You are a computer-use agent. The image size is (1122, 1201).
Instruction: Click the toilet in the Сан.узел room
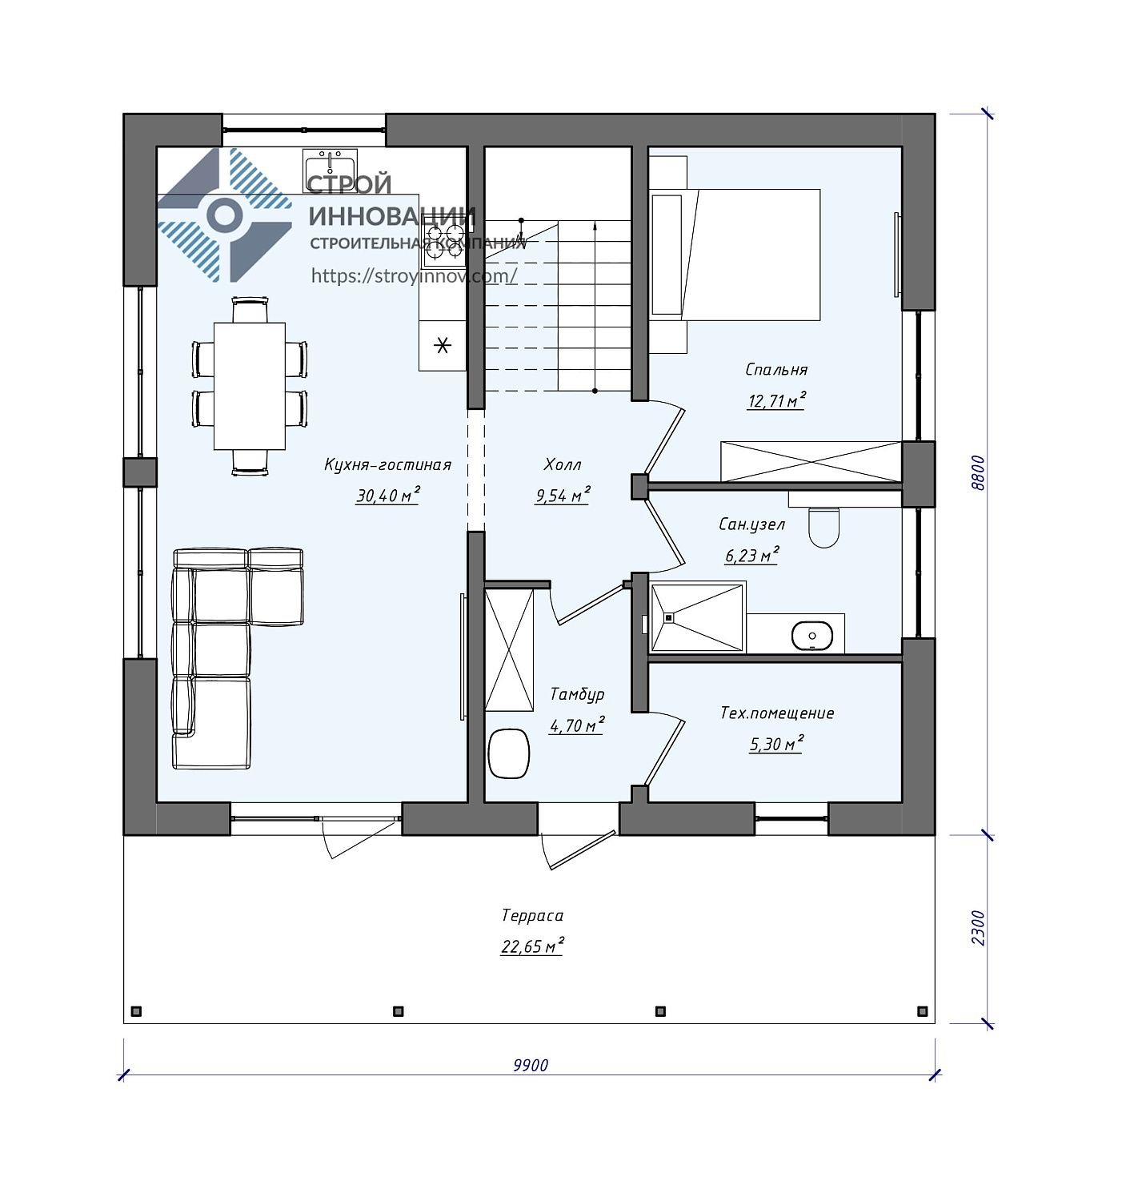823,525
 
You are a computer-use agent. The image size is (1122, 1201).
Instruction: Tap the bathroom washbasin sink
811,636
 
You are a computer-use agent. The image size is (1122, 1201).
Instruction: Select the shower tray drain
668,617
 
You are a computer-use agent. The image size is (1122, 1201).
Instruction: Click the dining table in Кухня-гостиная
249,386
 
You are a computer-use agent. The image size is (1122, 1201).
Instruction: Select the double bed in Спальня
735,254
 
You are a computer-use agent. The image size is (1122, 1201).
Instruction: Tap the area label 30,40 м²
387,496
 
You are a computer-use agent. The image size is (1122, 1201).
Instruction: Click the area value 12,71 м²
776,400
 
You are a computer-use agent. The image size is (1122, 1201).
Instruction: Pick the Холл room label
563,464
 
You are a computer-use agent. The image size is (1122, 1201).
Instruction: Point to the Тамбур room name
577,694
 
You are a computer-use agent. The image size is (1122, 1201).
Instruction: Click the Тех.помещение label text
777,713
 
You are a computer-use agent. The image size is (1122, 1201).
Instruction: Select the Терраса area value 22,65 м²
532,946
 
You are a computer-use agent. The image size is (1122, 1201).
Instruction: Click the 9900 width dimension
530,1065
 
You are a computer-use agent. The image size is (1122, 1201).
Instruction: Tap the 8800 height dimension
977,473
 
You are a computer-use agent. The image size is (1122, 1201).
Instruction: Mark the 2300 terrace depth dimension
977,928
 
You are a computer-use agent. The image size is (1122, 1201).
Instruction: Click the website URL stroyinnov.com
414,275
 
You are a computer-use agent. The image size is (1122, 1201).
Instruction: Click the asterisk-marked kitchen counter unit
443,345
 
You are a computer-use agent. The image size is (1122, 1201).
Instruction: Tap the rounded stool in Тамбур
508,753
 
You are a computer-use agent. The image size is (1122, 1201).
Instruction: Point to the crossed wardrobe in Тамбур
509,650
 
